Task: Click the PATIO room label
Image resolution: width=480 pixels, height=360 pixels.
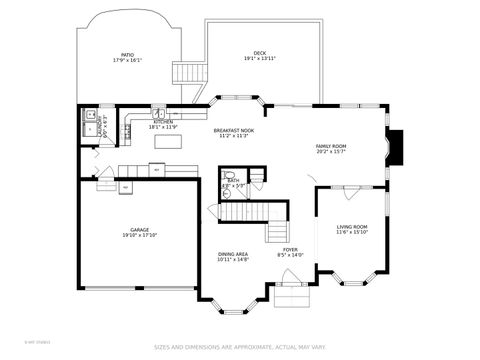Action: tap(127, 55)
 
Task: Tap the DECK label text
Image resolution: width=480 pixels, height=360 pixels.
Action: tap(260, 53)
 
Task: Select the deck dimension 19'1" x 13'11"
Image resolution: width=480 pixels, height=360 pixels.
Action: tap(260, 59)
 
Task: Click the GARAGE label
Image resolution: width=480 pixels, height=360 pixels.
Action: tap(139, 230)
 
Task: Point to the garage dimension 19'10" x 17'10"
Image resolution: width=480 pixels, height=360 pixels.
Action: tap(139, 236)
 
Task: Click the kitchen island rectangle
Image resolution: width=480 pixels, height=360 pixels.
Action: tap(169, 143)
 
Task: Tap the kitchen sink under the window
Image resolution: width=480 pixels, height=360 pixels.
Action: tap(158, 114)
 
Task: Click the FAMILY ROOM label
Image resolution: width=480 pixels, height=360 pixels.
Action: tap(331, 146)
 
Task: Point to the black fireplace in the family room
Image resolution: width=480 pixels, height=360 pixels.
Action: tap(395, 146)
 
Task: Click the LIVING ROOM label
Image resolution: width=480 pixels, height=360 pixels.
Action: tap(351, 227)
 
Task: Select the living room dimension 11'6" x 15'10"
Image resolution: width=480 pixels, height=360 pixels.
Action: tap(351, 233)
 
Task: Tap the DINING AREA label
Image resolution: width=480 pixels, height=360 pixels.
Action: tap(233, 254)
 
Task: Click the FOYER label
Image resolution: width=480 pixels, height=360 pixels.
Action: tap(290, 249)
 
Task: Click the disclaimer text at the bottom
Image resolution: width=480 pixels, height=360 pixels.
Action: tap(239, 348)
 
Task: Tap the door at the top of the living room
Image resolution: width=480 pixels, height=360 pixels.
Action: tap(350, 187)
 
